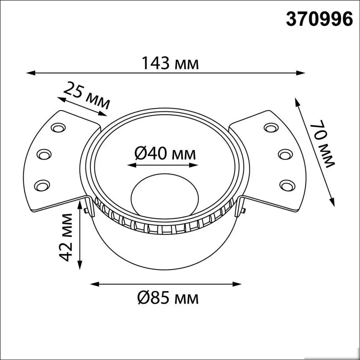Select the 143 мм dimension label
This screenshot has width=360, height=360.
(x=170, y=63)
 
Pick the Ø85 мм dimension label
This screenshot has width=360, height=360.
(x=167, y=298)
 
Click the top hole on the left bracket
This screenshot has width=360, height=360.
(x=58, y=128)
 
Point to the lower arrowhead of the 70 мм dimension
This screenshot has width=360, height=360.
(x=333, y=202)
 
